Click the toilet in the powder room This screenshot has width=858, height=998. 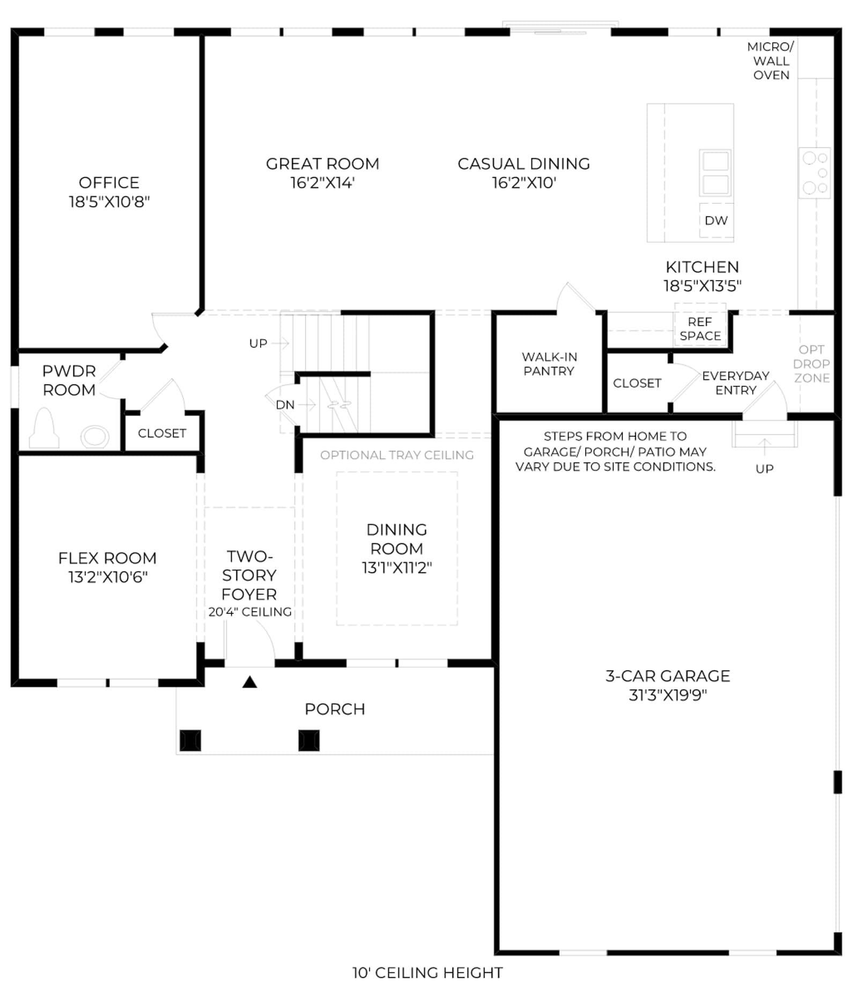point(44,428)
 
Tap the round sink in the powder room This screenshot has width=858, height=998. point(95,437)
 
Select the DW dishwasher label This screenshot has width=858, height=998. point(716,221)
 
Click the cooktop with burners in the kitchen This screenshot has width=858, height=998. point(815,173)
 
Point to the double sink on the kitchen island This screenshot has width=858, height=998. point(715,173)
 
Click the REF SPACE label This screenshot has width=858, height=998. point(700,328)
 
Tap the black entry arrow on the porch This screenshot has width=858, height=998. point(249,682)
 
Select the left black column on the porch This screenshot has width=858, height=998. point(190,740)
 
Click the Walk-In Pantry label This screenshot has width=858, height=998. point(549,364)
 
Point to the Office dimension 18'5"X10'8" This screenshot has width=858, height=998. point(109,202)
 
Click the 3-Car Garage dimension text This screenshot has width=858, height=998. point(668,695)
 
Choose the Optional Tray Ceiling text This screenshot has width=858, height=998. point(397,455)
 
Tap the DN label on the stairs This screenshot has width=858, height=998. point(285,405)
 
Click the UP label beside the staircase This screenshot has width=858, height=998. point(258,343)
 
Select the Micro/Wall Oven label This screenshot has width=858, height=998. point(771,61)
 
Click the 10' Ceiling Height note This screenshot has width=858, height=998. point(427,973)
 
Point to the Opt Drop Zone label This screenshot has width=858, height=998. point(811,364)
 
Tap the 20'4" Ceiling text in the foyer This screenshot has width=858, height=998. point(250,612)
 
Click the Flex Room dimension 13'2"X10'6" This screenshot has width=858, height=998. point(108,577)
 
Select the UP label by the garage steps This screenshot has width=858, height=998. point(764,469)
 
